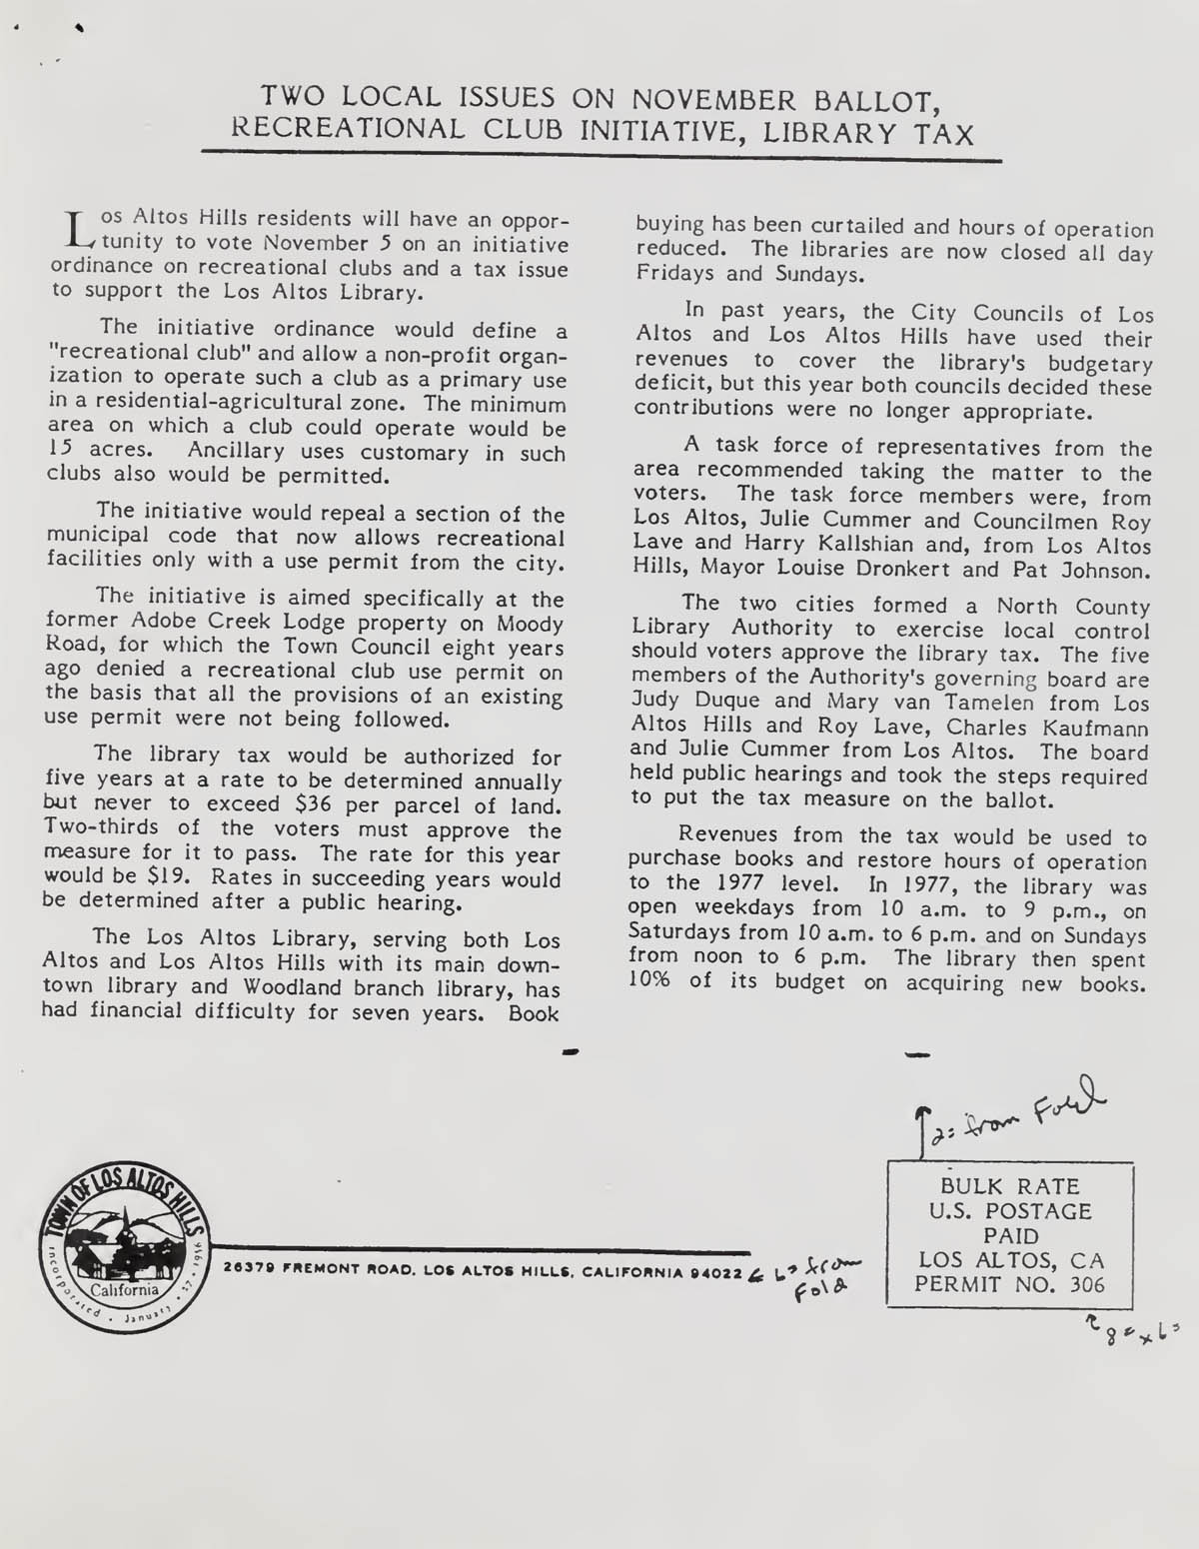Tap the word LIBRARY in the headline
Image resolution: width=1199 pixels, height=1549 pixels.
coord(816,132)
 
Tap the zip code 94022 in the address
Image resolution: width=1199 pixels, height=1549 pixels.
coord(721,1273)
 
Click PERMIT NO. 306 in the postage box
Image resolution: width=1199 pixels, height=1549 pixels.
coord(1009,1285)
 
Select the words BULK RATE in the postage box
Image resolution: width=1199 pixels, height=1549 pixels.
coord(1009,1187)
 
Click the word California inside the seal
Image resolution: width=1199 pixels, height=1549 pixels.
coord(124,1289)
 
